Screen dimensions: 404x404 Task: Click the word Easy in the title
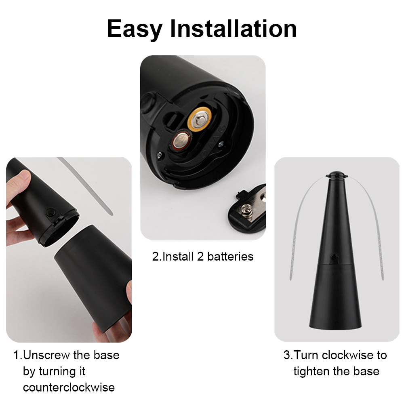[x=135, y=29]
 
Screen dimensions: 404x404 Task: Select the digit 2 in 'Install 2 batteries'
[x=200, y=257]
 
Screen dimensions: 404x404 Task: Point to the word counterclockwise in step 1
[x=69, y=387]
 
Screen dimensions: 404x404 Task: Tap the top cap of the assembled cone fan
[x=337, y=176]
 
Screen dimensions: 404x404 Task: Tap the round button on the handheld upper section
[x=51, y=212]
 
